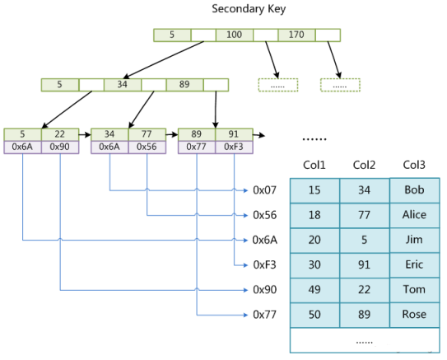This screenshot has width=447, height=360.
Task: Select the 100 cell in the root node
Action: tap(235, 35)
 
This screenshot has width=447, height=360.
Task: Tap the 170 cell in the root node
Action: tap(296, 35)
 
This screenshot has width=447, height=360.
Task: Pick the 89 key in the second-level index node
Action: tap(184, 84)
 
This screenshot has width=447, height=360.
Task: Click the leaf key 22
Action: tap(60, 133)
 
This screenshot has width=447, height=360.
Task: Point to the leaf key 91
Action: tap(235, 133)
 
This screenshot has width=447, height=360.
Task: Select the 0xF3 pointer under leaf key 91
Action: tap(235, 147)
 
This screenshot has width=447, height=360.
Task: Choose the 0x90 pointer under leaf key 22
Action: tap(60, 147)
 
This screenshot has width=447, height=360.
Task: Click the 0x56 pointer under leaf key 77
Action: tap(147, 147)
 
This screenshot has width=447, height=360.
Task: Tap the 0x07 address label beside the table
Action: tap(265, 190)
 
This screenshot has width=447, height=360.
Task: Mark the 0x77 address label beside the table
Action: tap(265, 315)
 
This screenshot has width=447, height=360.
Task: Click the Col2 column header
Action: tap(364, 165)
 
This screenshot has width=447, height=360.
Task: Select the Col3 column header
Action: tap(414, 165)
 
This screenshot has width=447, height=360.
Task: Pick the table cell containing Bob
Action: tap(414, 190)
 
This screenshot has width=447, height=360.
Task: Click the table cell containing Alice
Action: tap(414, 215)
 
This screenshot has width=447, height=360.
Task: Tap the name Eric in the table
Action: tap(414, 264)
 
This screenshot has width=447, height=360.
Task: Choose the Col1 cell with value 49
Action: tap(314, 290)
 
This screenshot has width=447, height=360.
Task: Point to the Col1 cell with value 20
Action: tap(314, 240)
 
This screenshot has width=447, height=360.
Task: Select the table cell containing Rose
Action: tap(414, 315)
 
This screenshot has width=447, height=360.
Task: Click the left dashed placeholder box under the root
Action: tap(277, 84)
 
